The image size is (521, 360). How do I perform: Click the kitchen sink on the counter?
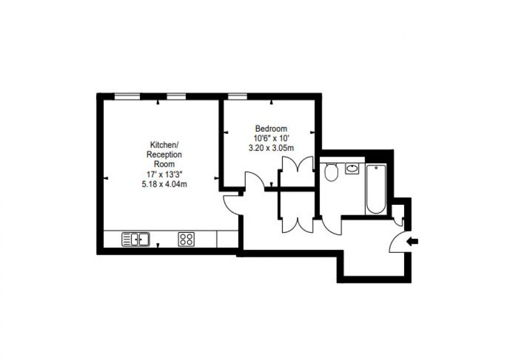pos(135,239)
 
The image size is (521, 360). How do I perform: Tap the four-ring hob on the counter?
pos(186,239)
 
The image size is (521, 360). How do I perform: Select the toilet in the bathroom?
pos(331,173)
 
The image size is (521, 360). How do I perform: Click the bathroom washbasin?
pos(351,168)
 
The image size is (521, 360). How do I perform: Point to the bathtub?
pos(376,189)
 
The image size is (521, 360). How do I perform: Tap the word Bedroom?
pos(271,129)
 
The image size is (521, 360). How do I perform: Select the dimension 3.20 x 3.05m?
pos(271,148)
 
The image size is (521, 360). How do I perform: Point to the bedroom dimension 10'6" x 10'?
pos(271,138)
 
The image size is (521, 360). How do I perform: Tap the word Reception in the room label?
pos(164,154)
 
